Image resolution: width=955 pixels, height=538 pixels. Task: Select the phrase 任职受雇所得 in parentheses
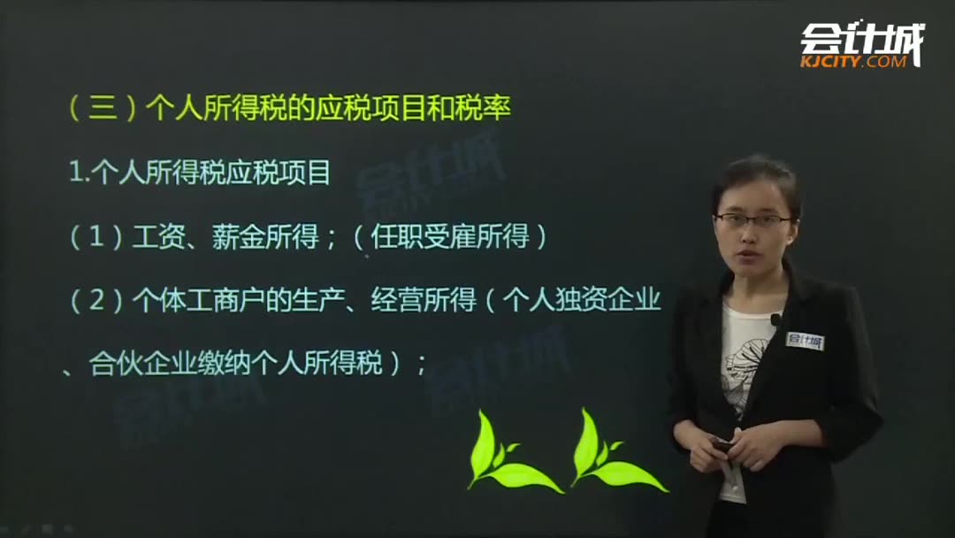[451, 237]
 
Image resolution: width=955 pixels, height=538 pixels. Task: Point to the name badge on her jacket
[804, 341]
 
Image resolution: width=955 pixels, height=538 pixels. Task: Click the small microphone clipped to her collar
[775, 319]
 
